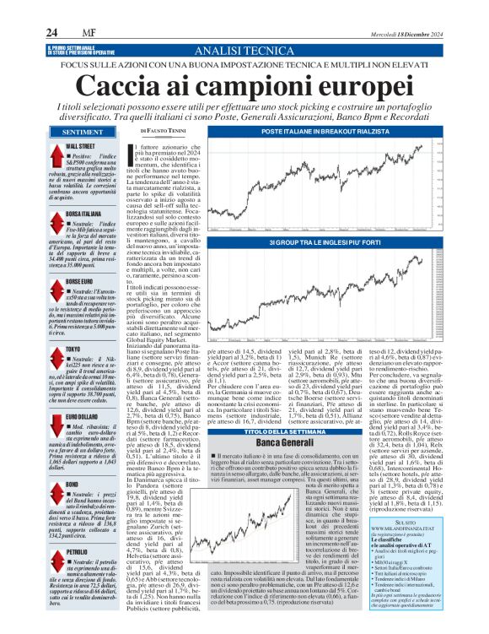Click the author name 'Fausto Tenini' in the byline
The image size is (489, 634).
(x=168, y=133)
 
